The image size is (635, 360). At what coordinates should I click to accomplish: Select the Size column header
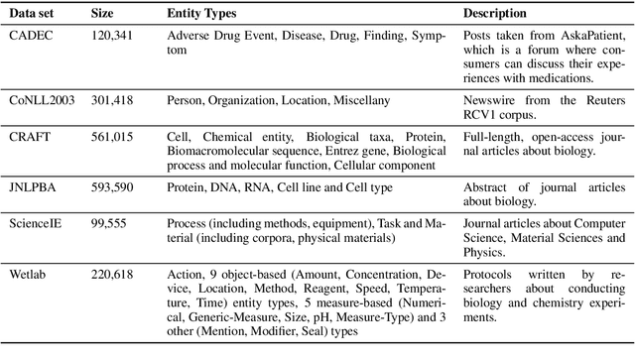pos(103,14)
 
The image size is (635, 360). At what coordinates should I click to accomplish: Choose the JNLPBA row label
pos(32,185)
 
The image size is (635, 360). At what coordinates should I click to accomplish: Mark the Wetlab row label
pos(30,271)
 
